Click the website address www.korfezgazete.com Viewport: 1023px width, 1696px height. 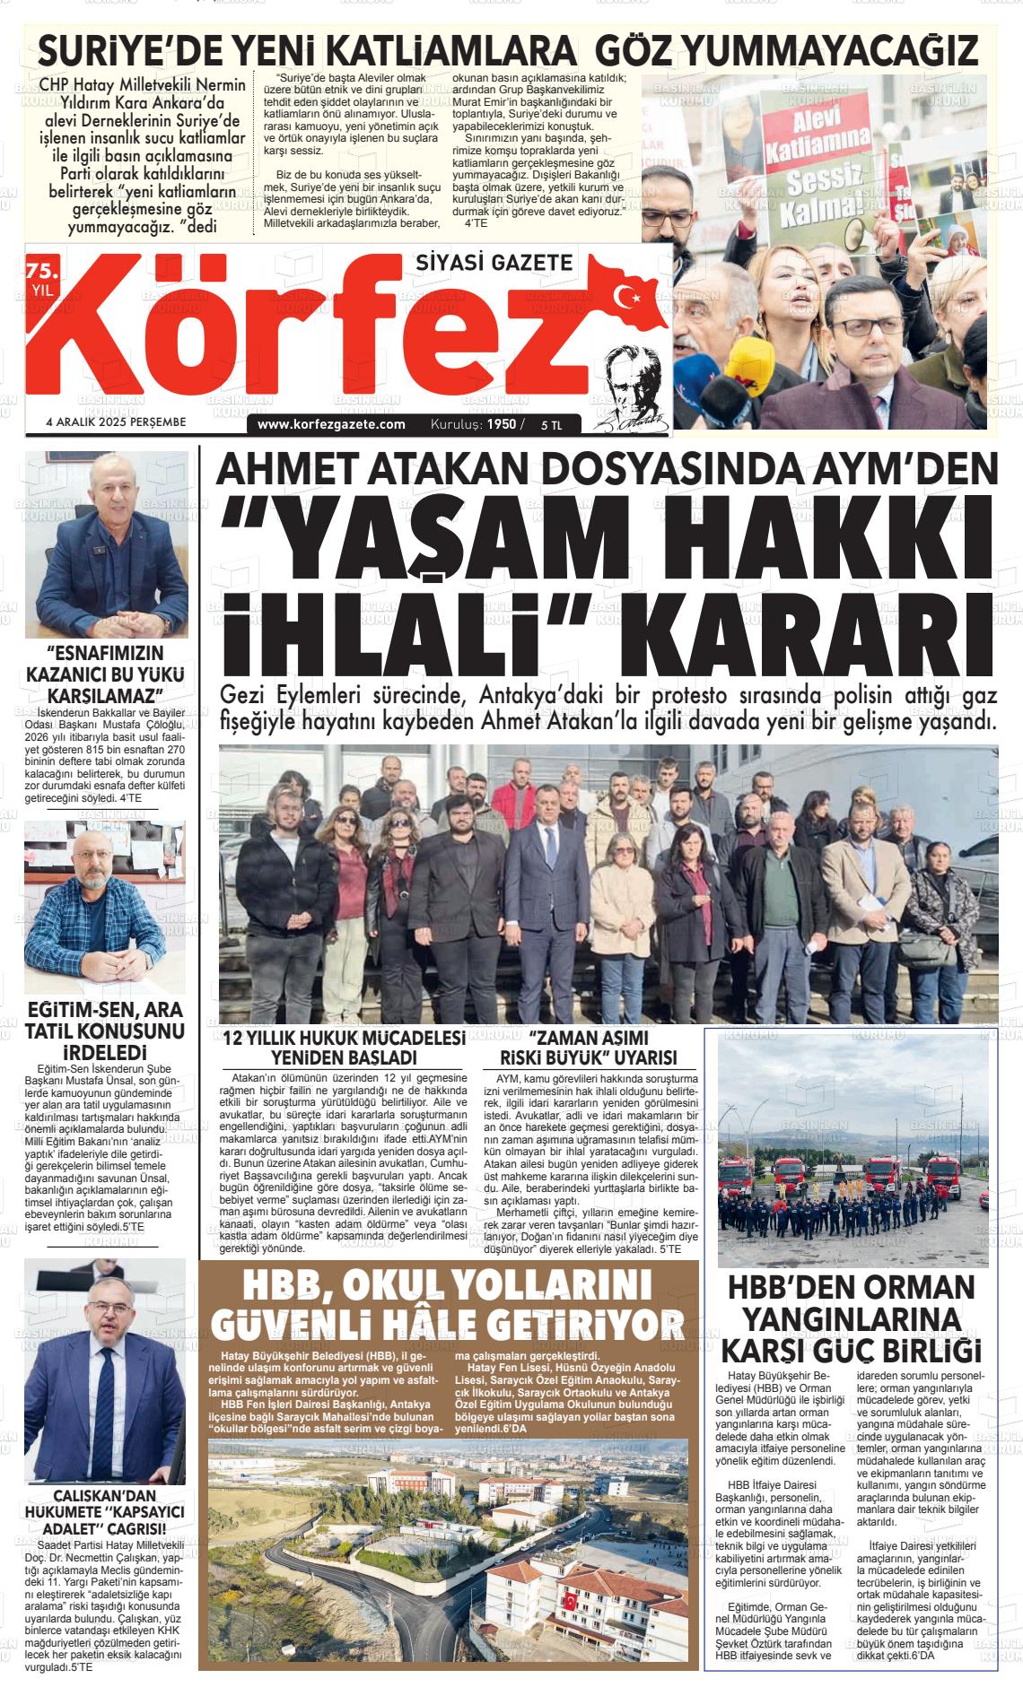331,424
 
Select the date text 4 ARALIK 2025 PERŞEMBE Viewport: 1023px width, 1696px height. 116,422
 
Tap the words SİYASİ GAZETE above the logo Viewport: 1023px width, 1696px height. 494,262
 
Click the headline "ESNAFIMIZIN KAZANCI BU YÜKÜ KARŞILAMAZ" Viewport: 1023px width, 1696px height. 105,674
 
